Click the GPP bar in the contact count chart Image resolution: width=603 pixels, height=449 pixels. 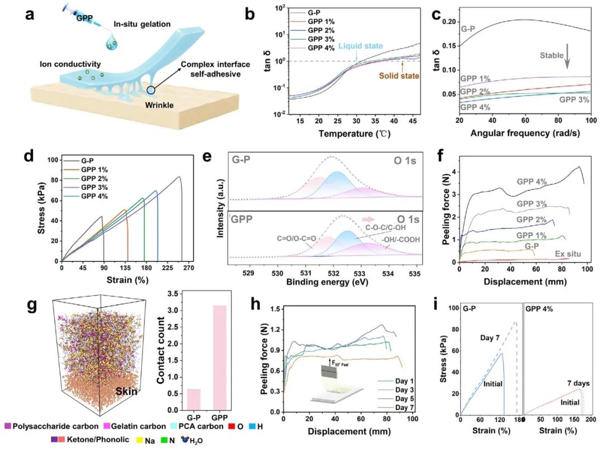tap(219, 357)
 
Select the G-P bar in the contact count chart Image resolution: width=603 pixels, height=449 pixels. tap(193, 399)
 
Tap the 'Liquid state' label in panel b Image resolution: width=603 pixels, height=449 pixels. tap(361, 46)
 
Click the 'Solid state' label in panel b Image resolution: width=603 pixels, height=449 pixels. tap(399, 76)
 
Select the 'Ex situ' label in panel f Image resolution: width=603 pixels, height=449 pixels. tap(568, 254)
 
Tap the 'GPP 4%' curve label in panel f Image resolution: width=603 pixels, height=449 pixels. tap(532, 181)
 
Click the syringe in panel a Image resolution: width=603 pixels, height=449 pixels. tap(82, 16)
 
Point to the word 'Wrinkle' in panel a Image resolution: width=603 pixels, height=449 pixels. tap(159, 105)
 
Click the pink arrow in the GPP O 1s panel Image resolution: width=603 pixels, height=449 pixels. tap(368, 219)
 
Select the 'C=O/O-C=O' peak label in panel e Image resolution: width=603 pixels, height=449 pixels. tap(296, 238)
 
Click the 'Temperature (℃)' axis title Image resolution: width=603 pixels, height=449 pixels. tap(355, 133)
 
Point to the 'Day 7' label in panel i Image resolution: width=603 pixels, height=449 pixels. tap(490, 338)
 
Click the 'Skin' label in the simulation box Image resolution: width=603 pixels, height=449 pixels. tap(127, 391)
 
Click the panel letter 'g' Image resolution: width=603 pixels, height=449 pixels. tap(32, 305)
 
